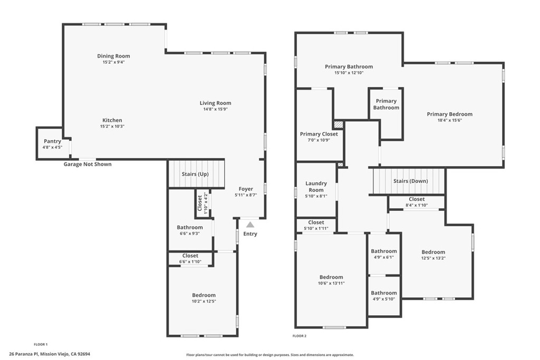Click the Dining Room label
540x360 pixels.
(113, 56)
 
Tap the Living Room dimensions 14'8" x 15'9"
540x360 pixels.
(215, 109)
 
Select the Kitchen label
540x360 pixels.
(112, 120)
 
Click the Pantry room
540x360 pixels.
(52, 143)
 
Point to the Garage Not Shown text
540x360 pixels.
(88, 164)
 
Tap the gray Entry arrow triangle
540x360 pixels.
(250, 225)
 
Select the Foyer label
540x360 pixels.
(246, 189)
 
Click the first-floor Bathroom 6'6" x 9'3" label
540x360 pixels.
(190, 227)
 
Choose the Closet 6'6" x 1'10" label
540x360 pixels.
(190, 256)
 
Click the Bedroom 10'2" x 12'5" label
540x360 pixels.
(204, 295)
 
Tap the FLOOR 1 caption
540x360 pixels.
(41, 344)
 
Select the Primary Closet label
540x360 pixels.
(319, 134)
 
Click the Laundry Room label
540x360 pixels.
(316, 187)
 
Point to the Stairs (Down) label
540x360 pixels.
(410, 181)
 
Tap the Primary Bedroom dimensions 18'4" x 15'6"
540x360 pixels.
(449, 120)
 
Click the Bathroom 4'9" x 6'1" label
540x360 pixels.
(383, 251)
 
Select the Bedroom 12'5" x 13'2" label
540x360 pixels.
(433, 252)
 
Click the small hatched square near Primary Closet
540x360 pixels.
(339, 125)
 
